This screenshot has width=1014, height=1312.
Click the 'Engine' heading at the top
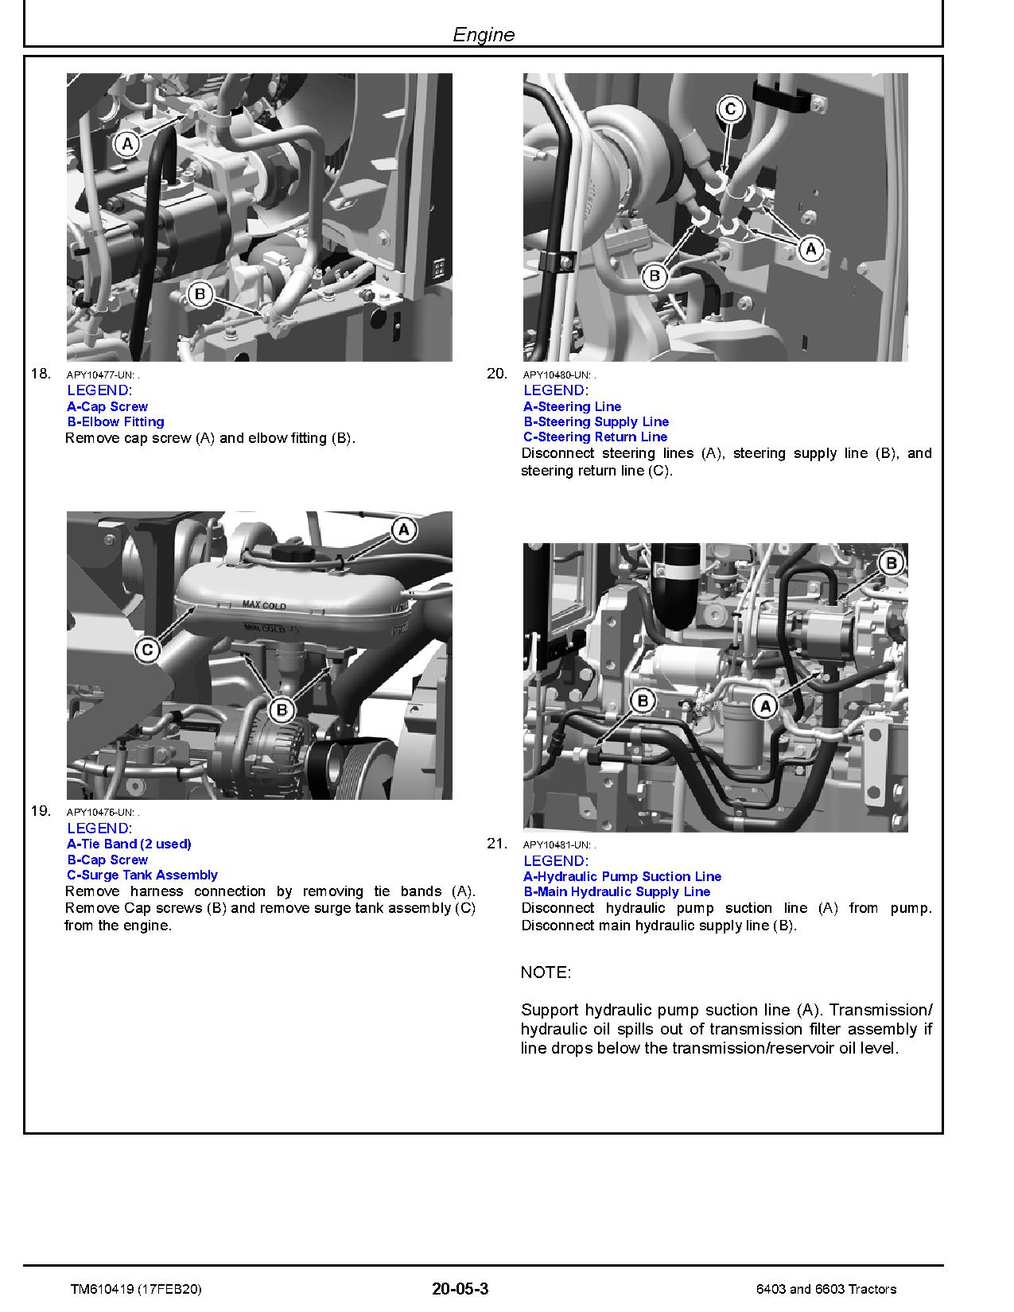[483, 34]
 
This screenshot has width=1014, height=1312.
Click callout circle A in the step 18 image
[126, 144]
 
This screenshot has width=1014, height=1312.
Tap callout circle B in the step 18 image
[200, 294]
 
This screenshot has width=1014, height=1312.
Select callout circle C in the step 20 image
[731, 109]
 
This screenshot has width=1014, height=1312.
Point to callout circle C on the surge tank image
[146, 650]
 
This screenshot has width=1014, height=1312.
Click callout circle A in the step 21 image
[765, 705]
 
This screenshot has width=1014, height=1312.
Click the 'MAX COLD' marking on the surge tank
[264, 606]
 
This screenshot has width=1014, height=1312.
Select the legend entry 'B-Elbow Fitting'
[115, 421]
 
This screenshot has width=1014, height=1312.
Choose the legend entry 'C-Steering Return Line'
[595, 437]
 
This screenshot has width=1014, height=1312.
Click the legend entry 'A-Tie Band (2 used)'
[129, 844]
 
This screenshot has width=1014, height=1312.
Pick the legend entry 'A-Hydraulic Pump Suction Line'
[622, 876]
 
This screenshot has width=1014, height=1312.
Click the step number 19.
[41, 811]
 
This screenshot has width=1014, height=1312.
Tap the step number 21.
[496, 844]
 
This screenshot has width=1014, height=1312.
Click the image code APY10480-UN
[557, 375]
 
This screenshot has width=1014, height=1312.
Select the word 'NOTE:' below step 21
[546, 972]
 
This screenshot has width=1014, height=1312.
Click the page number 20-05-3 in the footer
[460, 1289]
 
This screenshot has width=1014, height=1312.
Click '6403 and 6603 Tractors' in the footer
[826, 1290]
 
